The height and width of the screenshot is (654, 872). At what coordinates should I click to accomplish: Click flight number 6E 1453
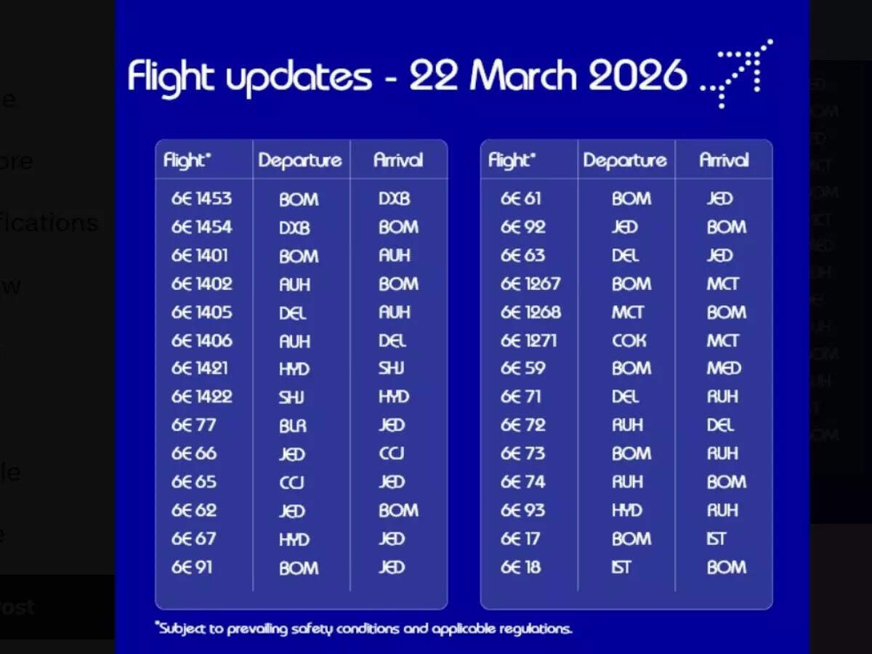tap(201, 199)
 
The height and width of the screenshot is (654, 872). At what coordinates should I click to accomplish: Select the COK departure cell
tap(628, 341)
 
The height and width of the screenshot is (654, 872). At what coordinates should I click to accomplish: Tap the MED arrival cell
tap(724, 368)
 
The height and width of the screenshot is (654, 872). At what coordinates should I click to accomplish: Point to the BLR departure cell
tap(294, 426)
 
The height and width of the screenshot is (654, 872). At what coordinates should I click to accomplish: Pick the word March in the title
tap(524, 76)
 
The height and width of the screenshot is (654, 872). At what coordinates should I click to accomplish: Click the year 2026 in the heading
tap(637, 76)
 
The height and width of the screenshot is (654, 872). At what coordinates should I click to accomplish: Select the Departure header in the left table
tap(300, 161)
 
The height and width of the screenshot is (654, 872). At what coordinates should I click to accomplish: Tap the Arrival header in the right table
tap(724, 161)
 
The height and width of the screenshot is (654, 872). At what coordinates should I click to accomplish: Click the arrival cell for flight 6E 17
tap(716, 539)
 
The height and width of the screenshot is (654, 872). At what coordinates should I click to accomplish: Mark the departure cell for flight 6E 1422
tap(291, 397)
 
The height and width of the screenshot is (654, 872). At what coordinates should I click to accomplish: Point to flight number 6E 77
tap(193, 426)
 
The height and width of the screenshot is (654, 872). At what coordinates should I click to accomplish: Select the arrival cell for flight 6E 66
tap(392, 454)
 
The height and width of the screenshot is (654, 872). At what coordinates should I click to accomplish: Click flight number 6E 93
tap(522, 511)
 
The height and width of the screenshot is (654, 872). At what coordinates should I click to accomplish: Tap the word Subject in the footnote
tap(183, 629)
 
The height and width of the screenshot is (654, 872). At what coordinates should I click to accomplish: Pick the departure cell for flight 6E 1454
tap(294, 227)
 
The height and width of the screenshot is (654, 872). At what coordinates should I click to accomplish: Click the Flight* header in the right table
tap(512, 161)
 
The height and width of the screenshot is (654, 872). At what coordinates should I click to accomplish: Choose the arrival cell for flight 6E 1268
tap(726, 312)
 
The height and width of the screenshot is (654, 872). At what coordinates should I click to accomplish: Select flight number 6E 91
tap(192, 568)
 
